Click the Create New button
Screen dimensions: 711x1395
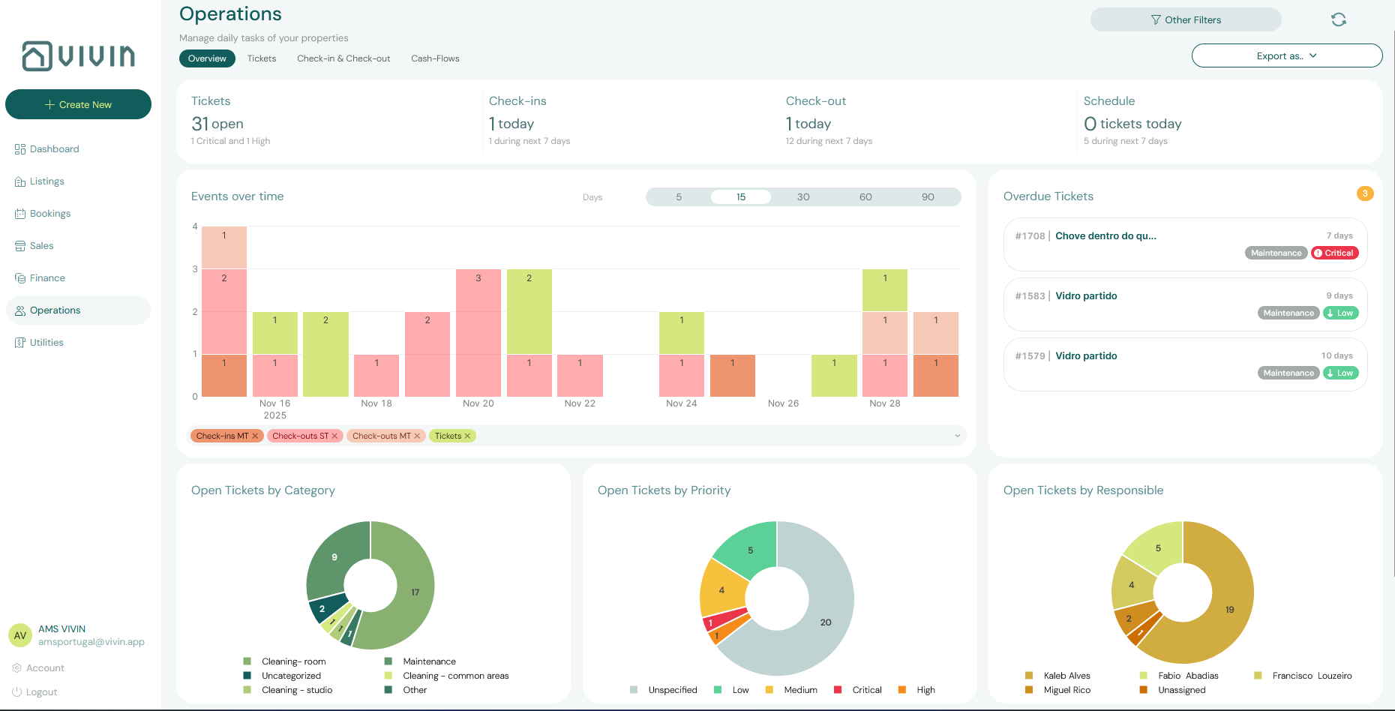click(78, 104)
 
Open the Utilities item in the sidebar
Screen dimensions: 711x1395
click(46, 343)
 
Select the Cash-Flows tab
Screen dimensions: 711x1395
click(435, 58)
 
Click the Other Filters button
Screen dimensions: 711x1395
click(1185, 20)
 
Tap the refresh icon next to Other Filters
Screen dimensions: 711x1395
click(1339, 20)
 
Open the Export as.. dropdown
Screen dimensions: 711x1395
click(1286, 56)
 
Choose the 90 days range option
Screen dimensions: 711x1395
click(928, 197)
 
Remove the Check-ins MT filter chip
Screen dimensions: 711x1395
click(255, 436)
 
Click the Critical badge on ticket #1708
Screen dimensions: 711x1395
click(1335, 253)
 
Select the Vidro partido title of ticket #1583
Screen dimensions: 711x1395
click(1086, 296)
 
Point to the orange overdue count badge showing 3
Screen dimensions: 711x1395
click(1365, 193)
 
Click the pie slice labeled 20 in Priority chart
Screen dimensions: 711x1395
click(826, 622)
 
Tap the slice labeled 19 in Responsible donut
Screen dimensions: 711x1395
click(1229, 610)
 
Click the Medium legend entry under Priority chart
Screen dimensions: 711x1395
click(799, 690)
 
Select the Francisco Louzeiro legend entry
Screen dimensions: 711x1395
click(1311, 676)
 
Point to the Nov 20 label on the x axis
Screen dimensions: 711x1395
click(478, 403)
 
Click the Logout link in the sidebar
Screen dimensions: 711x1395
click(41, 692)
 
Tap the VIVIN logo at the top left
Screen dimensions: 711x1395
click(79, 56)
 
